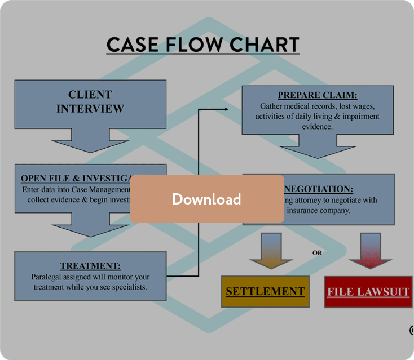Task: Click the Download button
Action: [207, 199]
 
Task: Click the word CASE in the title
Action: [131, 45]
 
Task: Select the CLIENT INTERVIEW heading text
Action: [90, 101]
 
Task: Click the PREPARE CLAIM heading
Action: [318, 95]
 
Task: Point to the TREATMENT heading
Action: [90, 266]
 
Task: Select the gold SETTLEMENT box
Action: [265, 291]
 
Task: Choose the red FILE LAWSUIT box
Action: [368, 292]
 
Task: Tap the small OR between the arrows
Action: [318, 253]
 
